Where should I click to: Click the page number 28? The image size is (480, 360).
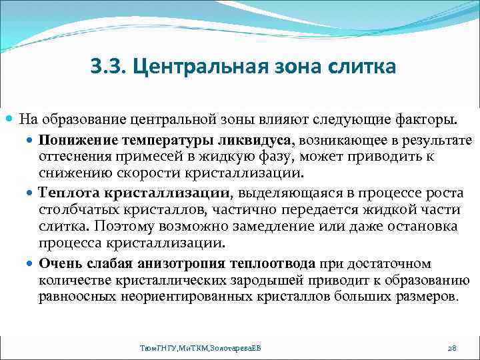point(451,348)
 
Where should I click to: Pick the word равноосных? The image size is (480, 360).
point(74,295)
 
